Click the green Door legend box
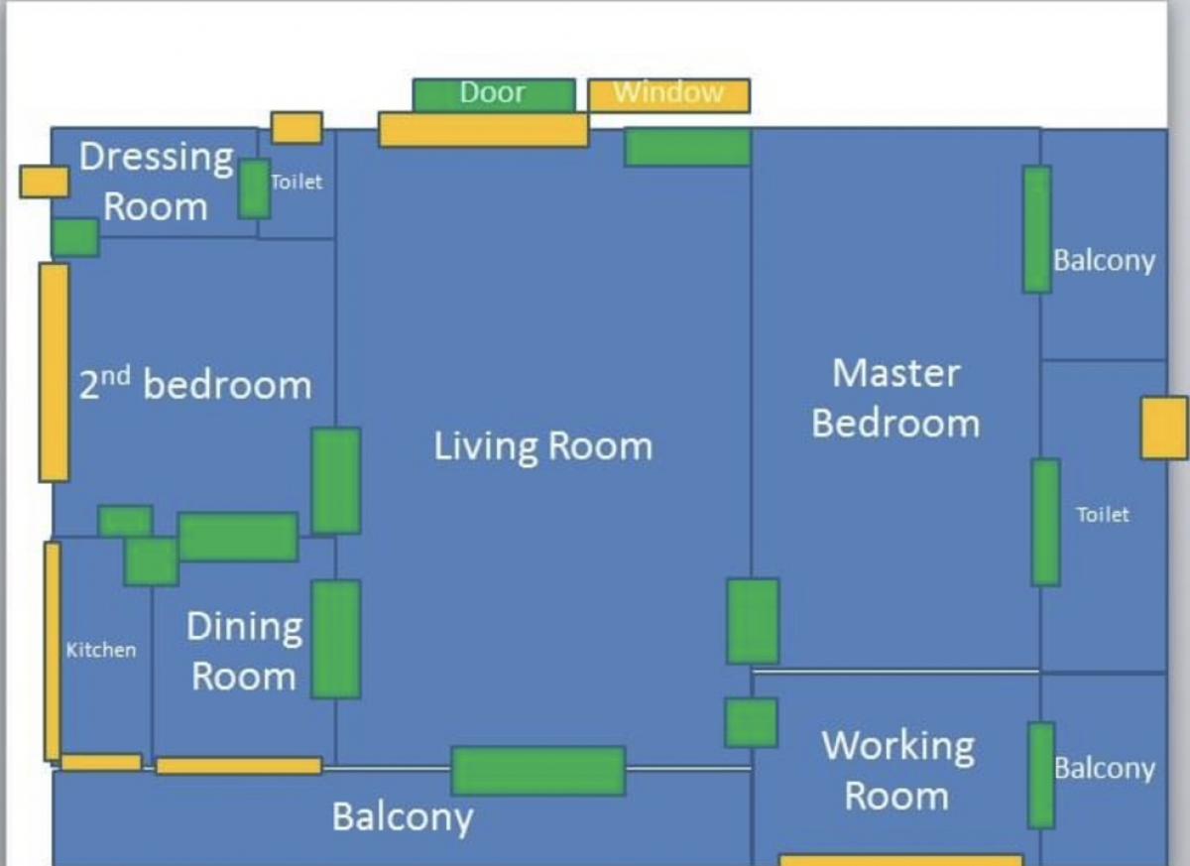pyautogui.click(x=494, y=94)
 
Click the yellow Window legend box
pyautogui.click(x=669, y=95)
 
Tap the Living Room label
pyautogui.click(x=543, y=446)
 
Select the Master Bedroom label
pyautogui.click(x=895, y=399)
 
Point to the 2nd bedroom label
pyautogui.click(x=195, y=384)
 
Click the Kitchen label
pyautogui.click(x=101, y=650)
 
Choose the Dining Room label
pyautogui.click(x=244, y=652)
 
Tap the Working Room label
pyautogui.click(x=897, y=771)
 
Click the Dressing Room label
pyautogui.click(x=156, y=182)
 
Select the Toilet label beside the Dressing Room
pyautogui.click(x=297, y=183)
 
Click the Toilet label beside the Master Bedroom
pyautogui.click(x=1103, y=515)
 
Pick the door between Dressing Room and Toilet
pyautogui.click(x=255, y=188)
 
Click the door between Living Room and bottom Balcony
pyautogui.click(x=538, y=771)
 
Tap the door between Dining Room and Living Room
pyautogui.click(x=336, y=639)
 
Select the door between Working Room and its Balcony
pyautogui.click(x=1041, y=776)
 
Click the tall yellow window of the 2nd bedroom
pyautogui.click(x=55, y=373)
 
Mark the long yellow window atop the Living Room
pyautogui.click(x=484, y=130)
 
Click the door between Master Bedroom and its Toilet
pyautogui.click(x=1046, y=523)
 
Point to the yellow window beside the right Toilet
pyautogui.click(x=1164, y=428)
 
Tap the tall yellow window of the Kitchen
pyautogui.click(x=53, y=652)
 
